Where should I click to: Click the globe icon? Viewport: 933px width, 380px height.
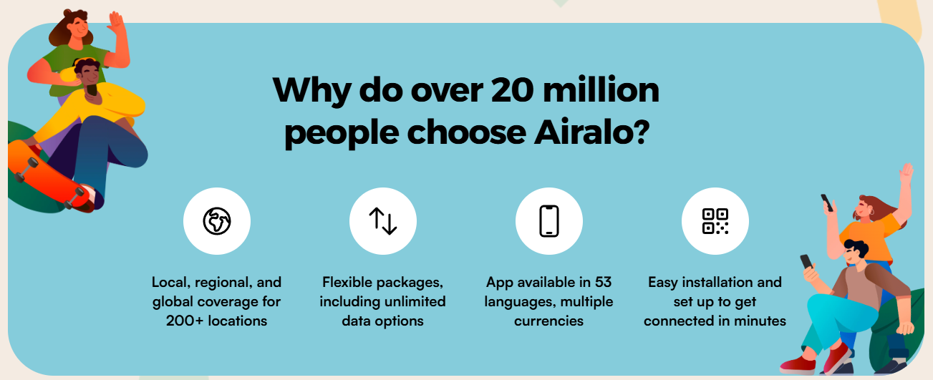point(216,221)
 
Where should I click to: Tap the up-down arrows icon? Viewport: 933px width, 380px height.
point(383,221)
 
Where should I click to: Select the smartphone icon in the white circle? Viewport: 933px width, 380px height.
point(549,221)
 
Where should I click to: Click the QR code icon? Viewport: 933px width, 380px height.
point(715,221)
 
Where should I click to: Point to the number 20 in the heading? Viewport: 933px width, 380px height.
point(512,90)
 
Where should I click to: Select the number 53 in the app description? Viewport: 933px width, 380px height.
point(603,282)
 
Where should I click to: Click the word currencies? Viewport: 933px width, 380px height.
point(548,321)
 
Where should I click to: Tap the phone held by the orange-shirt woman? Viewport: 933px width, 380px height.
point(827,203)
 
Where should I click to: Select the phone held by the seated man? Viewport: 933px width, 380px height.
point(806,262)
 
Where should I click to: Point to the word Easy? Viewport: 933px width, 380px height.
point(662,283)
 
